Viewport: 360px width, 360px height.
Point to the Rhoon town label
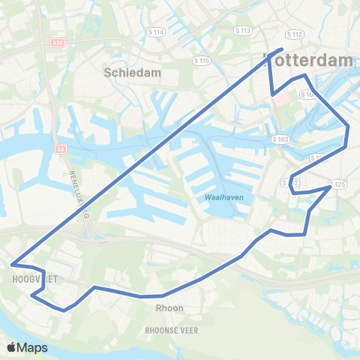(x=169, y=307)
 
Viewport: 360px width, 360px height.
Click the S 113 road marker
(x=242, y=31)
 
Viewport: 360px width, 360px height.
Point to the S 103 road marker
(x=279, y=139)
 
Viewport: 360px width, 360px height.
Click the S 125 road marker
(x=338, y=184)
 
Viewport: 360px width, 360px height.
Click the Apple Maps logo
(x=27, y=348)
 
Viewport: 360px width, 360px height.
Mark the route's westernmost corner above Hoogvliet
(x=12, y=264)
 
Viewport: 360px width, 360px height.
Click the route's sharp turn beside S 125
(x=330, y=187)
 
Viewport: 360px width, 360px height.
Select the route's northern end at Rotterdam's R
(x=281, y=49)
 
